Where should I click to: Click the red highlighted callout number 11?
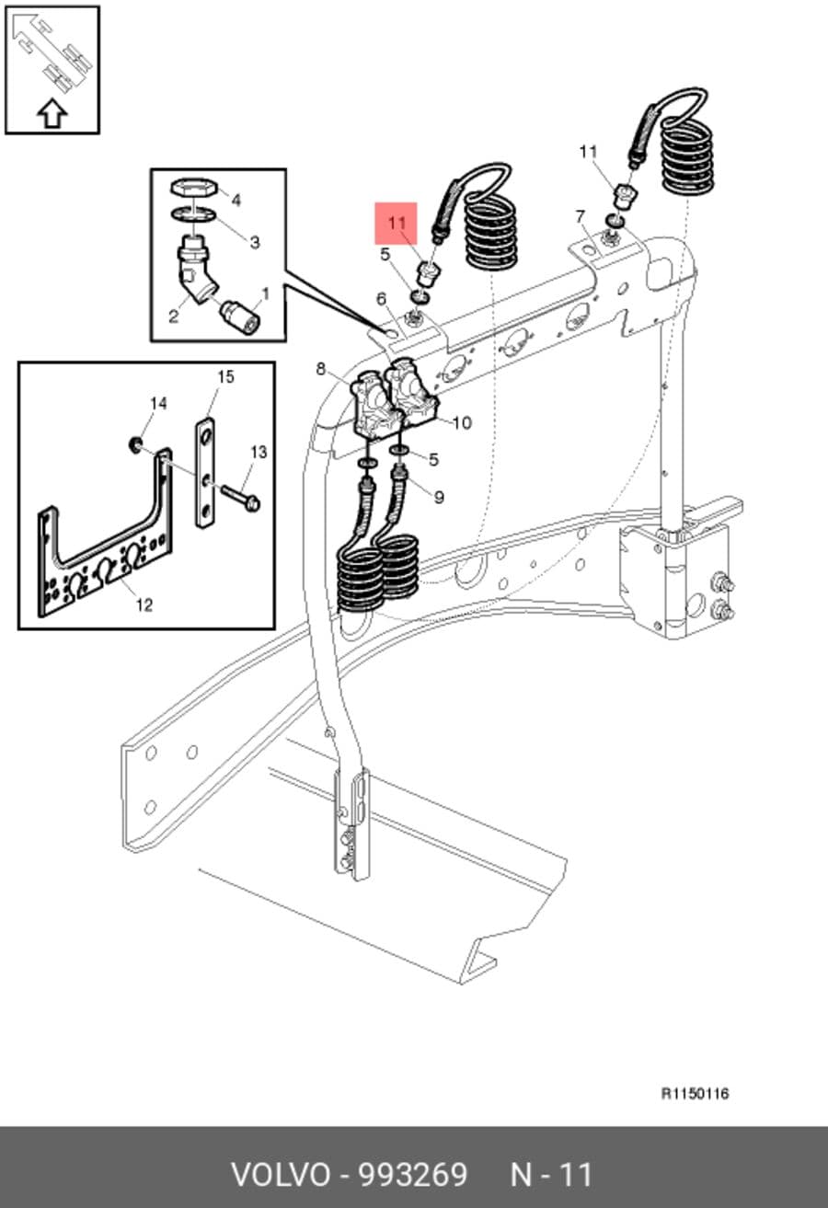(x=397, y=222)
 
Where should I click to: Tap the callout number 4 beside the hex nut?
(x=236, y=201)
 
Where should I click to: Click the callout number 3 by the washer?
(x=255, y=242)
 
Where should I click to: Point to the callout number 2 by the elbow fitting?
(x=173, y=316)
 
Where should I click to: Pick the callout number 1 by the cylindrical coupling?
(x=265, y=293)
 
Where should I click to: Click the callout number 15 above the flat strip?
(x=225, y=376)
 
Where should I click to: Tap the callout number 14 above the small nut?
(x=158, y=403)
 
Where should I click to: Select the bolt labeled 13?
(x=240, y=497)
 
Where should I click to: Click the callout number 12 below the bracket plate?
(x=144, y=605)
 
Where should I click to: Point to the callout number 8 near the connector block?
(x=320, y=369)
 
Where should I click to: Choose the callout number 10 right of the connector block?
(x=462, y=423)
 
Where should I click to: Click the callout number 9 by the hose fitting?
(x=439, y=497)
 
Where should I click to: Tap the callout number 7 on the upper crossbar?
(x=580, y=217)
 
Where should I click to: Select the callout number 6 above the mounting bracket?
(x=382, y=298)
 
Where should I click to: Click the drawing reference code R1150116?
(x=696, y=1093)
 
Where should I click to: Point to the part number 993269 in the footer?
(x=413, y=1174)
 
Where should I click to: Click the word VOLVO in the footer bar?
(x=281, y=1174)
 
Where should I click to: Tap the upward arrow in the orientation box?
(x=52, y=113)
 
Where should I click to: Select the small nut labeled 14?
(x=135, y=445)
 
